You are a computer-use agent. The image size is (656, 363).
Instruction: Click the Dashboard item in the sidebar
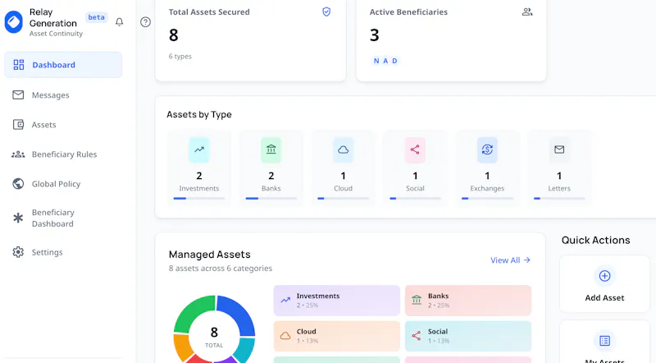[63, 65]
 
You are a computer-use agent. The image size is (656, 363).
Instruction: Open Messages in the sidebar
[41, 95]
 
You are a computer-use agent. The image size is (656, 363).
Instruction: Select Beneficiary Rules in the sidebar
[54, 154]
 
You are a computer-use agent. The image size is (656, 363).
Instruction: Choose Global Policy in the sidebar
[46, 184]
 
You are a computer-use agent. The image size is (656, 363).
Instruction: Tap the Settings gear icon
[18, 252]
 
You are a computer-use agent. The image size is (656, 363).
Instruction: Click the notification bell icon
[119, 22]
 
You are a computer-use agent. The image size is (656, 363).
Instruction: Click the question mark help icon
[145, 22]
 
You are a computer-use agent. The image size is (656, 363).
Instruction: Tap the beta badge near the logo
[96, 17]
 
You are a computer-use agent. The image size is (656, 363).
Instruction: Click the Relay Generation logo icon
[14, 22]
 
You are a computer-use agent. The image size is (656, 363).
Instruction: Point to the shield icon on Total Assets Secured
[326, 11]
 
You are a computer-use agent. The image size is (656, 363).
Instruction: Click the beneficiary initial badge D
[394, 61]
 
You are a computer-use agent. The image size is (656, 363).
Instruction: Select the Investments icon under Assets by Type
[199, 149]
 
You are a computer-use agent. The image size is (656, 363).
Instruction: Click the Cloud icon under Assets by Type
[343, 149]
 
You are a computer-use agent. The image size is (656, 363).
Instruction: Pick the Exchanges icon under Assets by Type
[487, 149]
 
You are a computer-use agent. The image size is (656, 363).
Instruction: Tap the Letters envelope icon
[559, 149]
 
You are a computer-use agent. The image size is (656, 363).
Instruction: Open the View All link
[510, 260]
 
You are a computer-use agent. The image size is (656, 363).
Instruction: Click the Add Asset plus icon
[604, 276]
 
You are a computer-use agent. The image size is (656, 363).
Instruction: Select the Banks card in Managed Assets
[468, 301]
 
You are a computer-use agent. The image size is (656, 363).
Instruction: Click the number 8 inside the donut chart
[214, 333]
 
